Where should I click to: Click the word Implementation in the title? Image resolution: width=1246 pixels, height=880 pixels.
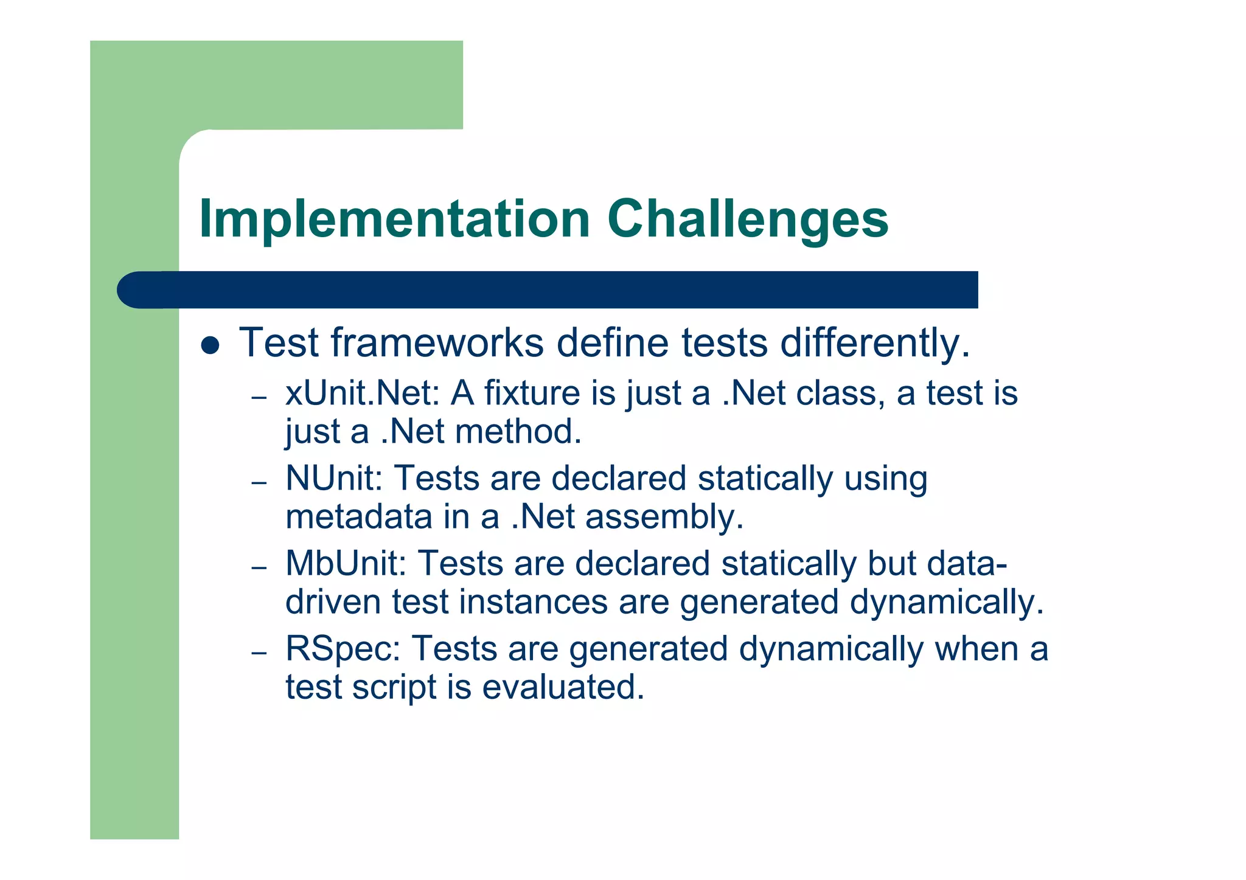click(395, 220)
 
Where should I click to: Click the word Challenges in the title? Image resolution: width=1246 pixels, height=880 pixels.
click(748, 220)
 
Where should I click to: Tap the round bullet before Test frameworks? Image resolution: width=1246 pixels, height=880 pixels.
click(210, 345)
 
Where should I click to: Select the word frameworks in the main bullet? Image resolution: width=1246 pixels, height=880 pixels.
click(437, 343)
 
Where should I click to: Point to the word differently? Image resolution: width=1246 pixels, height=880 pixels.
click(874, 343)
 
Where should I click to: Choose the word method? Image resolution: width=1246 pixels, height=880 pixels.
click(518, 432)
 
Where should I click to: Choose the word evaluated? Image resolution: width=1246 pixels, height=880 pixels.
click(563, 688)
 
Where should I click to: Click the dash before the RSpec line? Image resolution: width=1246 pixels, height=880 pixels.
click(259, 653)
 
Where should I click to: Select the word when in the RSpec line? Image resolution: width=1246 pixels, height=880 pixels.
click(976, 649)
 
